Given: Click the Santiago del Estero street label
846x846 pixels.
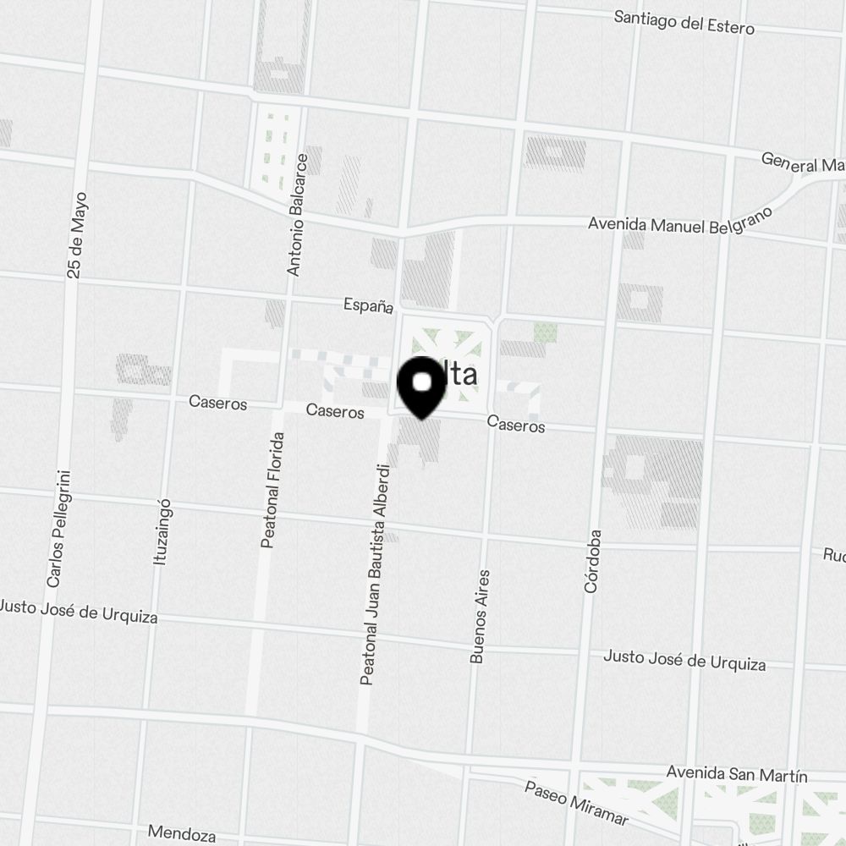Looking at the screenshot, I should pyautogui.click(x=684, y=23).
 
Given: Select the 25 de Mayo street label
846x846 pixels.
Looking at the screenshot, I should pyautogui.click(x=77, y=235).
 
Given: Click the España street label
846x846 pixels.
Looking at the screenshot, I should pyautogui.click(x=368, y=305).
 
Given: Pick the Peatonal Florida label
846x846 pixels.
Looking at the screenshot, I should pyautogui.click(x=272, y=490).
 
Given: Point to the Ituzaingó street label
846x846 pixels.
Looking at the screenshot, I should pyautogui.click(x=162, y=531).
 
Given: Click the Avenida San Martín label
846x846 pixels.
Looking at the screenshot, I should pyautogui.click(x=736, y=773).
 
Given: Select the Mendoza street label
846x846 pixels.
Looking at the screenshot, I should pyautogui.click(x=181, y=834).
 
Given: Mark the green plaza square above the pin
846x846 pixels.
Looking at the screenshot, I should pyautogui.click(x=446, y=344).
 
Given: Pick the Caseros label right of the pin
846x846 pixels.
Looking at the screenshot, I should pyautogui.click(x=516, y=426).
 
